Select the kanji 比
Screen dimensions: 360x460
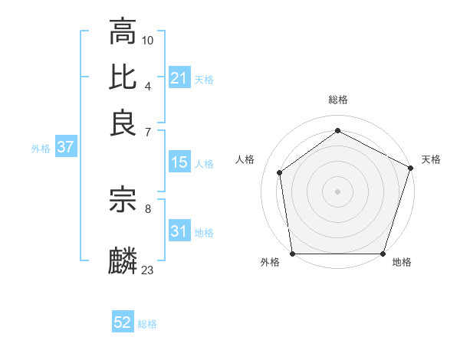pyautogui.click(x=123, y=77)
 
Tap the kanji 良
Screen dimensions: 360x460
pyautogui.click(x=123, y=123)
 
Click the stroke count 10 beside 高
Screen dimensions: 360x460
pyautogui.click(x=148, y=39)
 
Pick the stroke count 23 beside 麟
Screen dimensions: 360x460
pyautogui.click(x=148, y=270)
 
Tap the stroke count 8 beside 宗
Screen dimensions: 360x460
pyautogui.click(x=148, y=208)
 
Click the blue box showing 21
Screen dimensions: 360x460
pyautogui.click(x=179, y=77)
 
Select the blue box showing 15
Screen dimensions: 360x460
pyautogui.click(x=179, y=162)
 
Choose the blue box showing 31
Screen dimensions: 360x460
pyautogui.click(x=179, y=231)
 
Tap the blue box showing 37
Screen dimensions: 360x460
pyautogui.click(x=65, y=147)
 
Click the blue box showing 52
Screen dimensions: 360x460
pyautogui.click(x=123, y=322)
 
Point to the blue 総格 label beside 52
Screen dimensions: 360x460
pyautogui.click(x=147, y=324)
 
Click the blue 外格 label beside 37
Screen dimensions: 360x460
pyautogui.click(x=41, y=149)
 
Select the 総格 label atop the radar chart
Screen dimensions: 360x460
pyautogui.click(x=338, y=100)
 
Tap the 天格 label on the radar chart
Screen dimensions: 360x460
pyautogui.click(x=431, y=159)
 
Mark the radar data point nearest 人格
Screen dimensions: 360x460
pyautogui.click(x=280, y=172)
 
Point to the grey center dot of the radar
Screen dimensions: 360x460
pyautogui.click(x=338, y=191)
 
